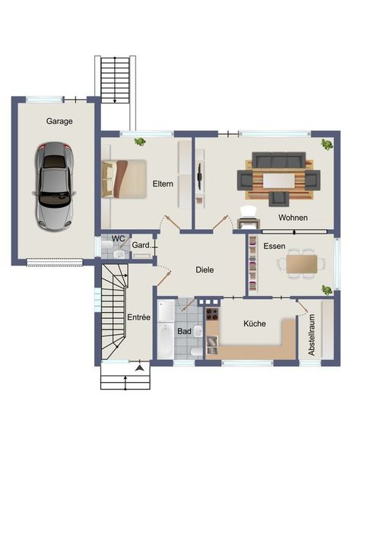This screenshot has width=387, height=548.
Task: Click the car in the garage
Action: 54,186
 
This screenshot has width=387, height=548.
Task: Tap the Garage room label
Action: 59,121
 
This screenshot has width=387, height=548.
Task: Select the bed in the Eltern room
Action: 124,179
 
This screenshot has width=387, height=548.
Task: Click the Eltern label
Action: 163,183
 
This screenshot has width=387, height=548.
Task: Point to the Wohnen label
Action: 293,218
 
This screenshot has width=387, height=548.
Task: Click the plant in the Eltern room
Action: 140,142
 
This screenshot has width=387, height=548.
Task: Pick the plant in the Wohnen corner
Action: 327,144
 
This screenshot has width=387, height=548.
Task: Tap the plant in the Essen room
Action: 327,289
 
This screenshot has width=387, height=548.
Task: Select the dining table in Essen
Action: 302,264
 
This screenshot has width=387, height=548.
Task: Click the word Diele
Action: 205,269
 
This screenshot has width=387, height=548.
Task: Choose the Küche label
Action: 255,323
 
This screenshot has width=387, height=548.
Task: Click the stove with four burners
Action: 212,314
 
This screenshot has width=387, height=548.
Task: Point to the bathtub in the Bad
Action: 165,340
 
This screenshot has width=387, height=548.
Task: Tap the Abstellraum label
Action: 311,335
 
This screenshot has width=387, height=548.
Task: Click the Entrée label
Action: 138,317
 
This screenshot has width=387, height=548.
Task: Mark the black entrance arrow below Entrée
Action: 140,368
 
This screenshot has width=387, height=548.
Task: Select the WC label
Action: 118,239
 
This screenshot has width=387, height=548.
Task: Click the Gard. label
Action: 141,245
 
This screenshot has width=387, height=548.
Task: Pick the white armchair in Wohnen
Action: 248,212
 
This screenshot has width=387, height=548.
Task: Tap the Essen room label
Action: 274,246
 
